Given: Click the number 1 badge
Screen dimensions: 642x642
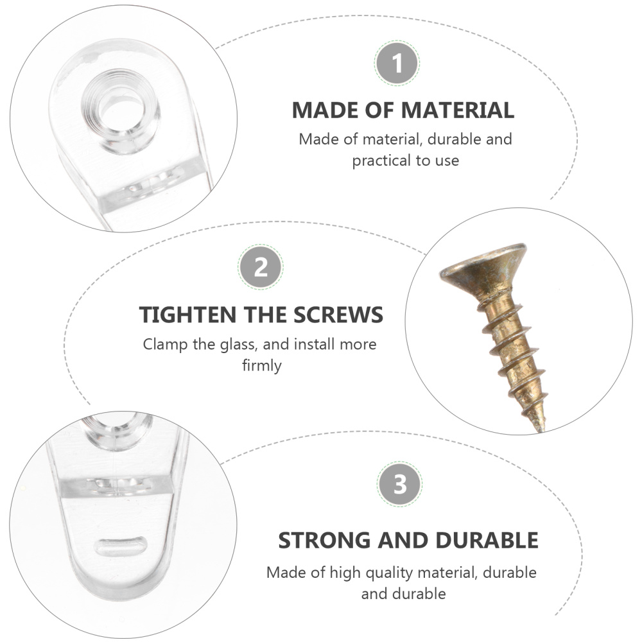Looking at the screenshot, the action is pos(397,64).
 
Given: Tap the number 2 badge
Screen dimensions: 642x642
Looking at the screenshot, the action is pos(261,267).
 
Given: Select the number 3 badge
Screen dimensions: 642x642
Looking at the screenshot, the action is pos(399,484).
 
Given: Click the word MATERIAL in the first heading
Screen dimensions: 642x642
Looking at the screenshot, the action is pos(457,110).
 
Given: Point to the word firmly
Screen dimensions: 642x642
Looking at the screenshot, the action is pos(262,365).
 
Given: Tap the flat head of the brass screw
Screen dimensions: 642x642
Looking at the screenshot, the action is pos(483,268).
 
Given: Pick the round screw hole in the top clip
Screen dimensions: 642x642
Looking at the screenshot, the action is pos(121,110).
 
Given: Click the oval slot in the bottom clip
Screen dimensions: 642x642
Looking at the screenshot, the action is pos(121,546).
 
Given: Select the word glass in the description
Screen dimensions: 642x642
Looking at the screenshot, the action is pos(239,344).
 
